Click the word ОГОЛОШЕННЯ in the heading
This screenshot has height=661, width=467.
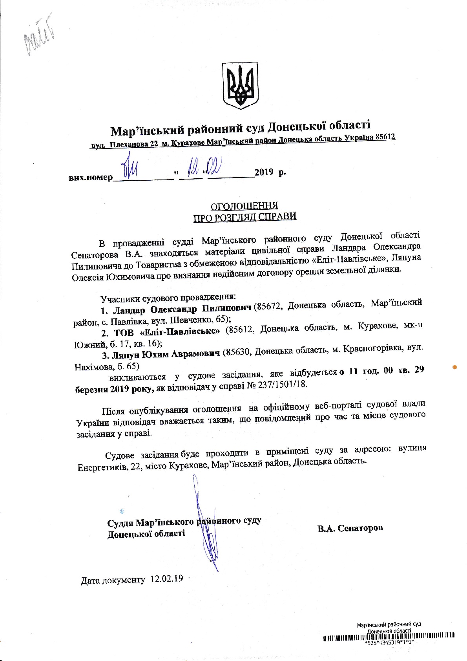click(244, 206)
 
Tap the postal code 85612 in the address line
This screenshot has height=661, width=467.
click(385, 137)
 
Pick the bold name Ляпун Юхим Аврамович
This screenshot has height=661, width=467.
click(166, 354)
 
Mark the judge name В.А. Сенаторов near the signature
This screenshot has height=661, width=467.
click(350, 528)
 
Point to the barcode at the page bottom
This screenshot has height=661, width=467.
click(389, 635)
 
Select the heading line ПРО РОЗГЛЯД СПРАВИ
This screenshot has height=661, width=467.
click(244, 217)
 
